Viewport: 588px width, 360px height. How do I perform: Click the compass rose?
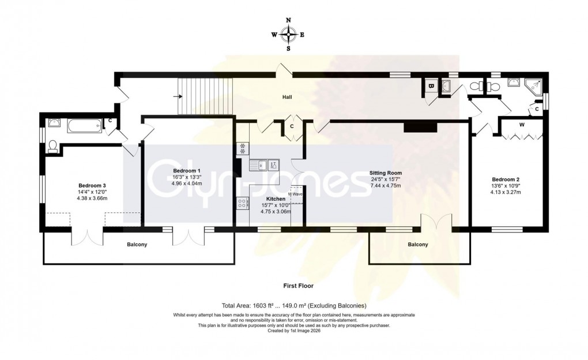coord(288,35)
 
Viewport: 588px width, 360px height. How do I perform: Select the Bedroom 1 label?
coord(187,171)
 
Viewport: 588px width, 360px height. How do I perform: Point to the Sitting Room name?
coord(386,172)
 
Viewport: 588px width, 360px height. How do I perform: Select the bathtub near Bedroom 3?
coord(85,125)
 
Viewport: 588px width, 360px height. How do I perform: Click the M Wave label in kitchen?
coord(296,194)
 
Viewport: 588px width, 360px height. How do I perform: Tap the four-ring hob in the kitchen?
coord(242,203)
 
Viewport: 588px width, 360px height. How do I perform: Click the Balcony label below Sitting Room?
coord(418,245)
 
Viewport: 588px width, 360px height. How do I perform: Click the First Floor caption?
coord(297,286)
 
